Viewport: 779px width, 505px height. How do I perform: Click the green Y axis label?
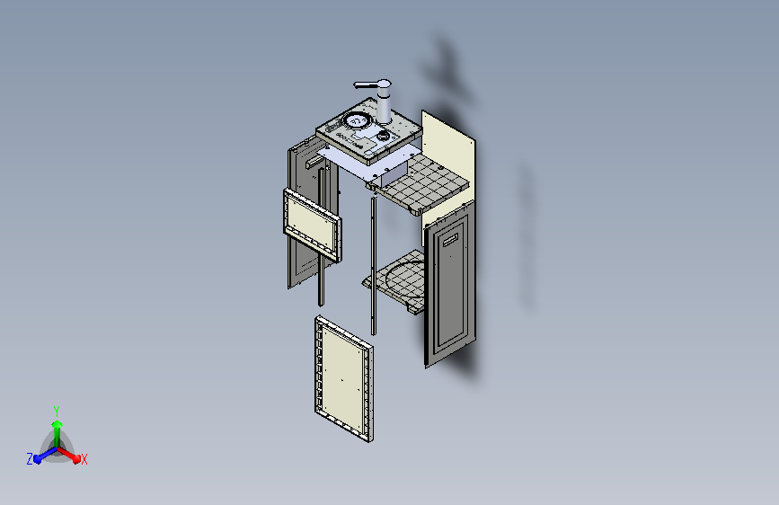(56, 409)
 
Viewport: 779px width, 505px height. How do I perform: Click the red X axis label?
(84, 459)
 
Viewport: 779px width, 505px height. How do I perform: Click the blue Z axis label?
(30, 459)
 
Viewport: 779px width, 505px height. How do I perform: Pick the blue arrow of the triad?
(41, 455)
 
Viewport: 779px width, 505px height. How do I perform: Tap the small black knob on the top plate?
(384, 136)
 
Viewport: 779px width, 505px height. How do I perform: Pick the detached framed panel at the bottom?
(344, 377)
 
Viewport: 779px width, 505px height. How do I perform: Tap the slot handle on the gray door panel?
(449, 238)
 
